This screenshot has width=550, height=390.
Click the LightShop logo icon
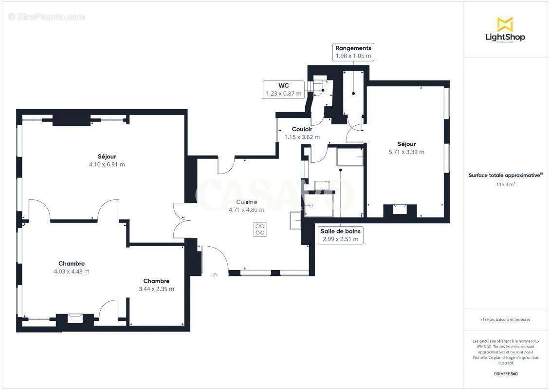(505, 24)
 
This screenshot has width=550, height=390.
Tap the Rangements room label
(353, 48)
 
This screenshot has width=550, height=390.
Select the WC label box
(283, 89)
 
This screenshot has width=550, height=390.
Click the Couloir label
(302, 129)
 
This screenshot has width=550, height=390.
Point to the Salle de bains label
(341, 231)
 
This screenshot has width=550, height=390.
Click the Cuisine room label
(246, 202)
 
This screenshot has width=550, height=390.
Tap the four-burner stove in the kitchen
(260, 229)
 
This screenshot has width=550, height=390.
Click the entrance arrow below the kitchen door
(215, 276)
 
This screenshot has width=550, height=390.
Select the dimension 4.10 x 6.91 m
(107, 164)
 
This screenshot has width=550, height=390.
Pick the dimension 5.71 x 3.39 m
(406, 152)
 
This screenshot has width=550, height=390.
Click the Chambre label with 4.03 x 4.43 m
(72, 264)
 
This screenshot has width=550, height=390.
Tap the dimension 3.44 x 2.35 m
(156, 289)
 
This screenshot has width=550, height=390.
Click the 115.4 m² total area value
(506, 185)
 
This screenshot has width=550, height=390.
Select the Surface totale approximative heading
(505, 175)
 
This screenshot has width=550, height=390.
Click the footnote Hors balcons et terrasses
(506, 319)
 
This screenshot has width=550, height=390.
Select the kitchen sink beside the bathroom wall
(295, 220)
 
